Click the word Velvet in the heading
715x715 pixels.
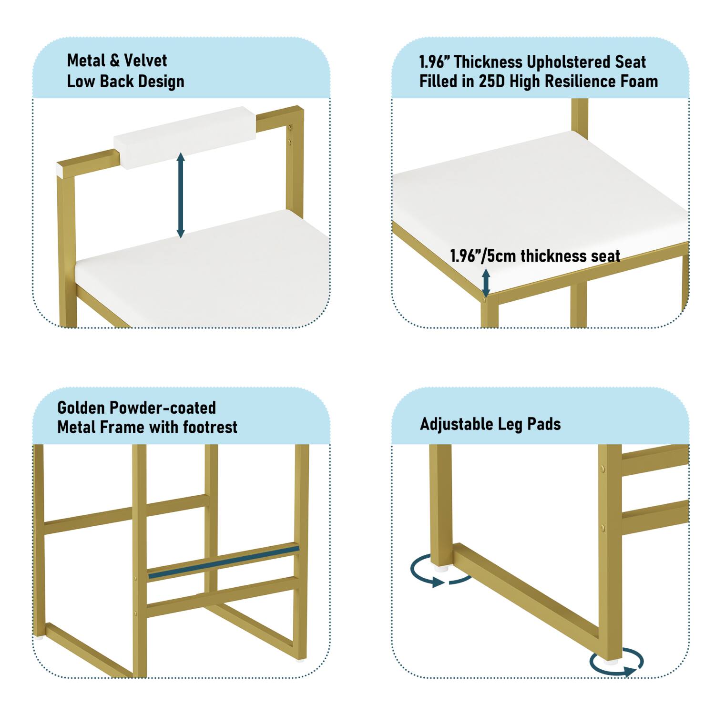tap(145, 61)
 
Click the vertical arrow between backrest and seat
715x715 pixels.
tap(181, 195)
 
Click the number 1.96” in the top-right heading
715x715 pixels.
tap(434, 62)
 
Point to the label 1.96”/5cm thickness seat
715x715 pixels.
tap(535, 256)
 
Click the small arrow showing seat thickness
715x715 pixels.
tap(486, 283)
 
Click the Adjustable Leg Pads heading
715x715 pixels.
tap(490, 424)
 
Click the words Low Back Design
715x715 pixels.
tap(125, 82)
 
